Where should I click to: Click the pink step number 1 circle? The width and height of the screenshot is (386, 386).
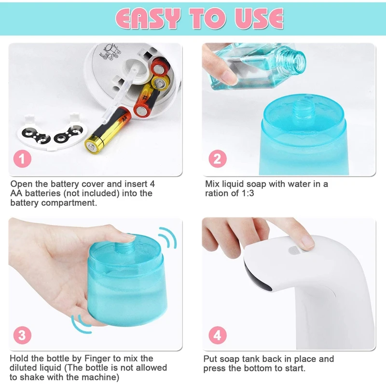coord(22,159)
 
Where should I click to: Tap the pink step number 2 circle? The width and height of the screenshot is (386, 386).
coord(217,159)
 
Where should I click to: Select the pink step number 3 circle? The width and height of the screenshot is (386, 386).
coord(22,334)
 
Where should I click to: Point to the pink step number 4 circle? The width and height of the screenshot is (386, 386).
coord(217,334)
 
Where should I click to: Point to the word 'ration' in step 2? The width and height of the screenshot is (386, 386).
coord(217,193)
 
